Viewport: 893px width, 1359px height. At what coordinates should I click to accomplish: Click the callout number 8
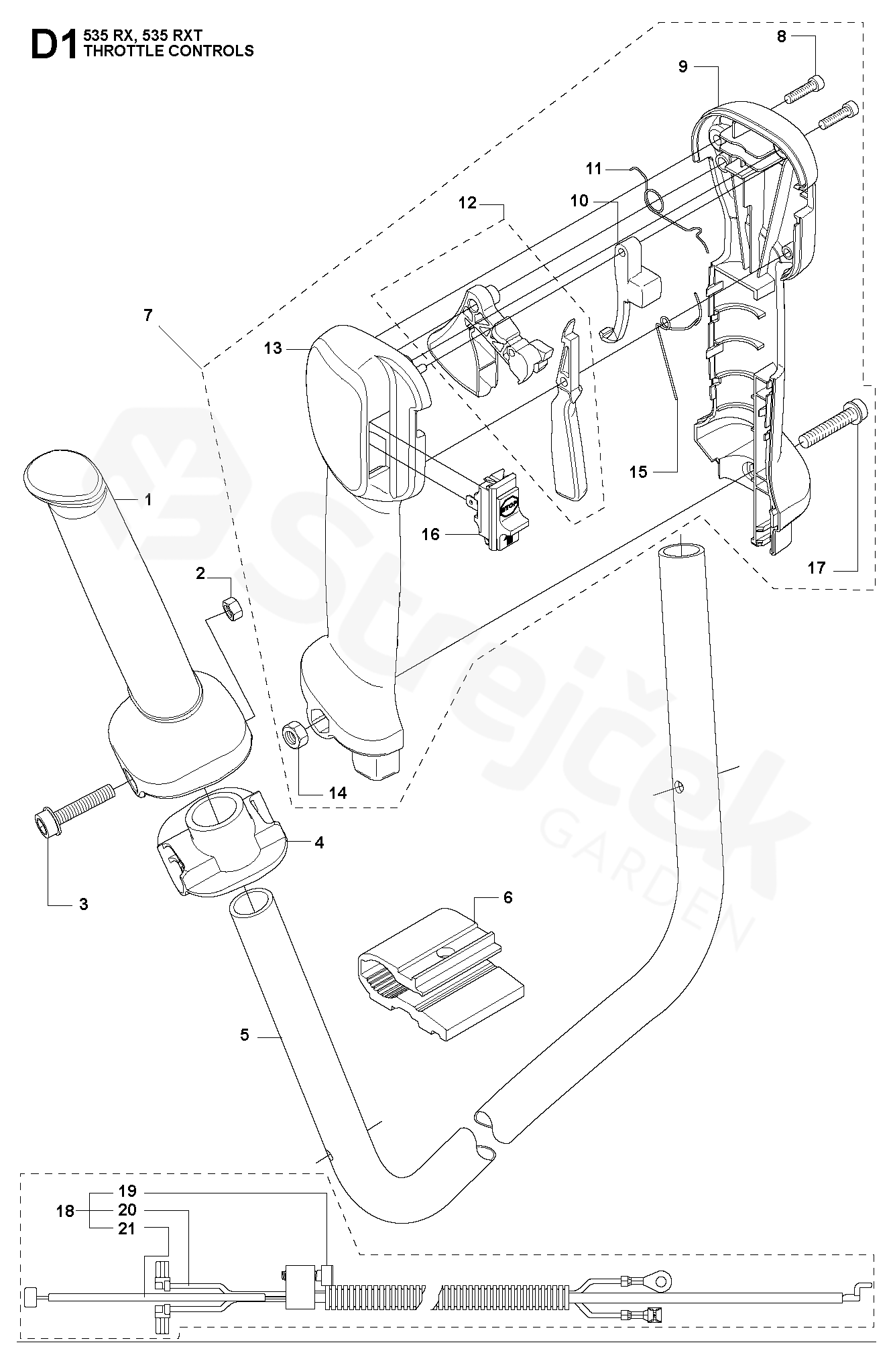click(781, 36)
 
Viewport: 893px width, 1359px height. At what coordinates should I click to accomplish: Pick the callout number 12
click(467, 202)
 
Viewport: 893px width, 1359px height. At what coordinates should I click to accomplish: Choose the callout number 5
click(244, 1035)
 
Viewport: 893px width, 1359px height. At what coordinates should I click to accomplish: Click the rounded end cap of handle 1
click(54, 476)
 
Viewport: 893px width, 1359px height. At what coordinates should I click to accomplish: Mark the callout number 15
click(638, 472)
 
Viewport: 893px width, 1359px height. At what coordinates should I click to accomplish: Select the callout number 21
click(127, 1229)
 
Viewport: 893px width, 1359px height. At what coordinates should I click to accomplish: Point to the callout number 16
click(430, 534)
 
